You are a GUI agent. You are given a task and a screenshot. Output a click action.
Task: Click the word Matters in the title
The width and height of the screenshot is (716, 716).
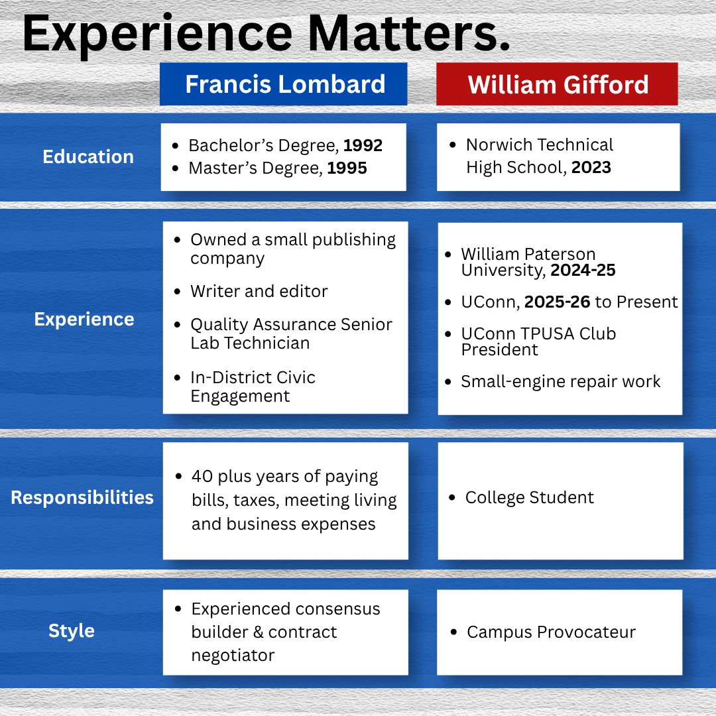point(408,33)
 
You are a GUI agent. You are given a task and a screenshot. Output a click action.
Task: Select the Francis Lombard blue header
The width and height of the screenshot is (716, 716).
point(283,84)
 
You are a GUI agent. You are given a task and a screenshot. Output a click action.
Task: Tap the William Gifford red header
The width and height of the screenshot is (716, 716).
point(557,84)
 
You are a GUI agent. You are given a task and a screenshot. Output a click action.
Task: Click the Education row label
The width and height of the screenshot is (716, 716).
point(88,156)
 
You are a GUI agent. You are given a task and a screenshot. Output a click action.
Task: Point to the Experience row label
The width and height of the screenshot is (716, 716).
point(84,319)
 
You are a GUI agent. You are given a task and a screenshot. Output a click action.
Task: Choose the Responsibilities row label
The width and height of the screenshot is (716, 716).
point(82,497)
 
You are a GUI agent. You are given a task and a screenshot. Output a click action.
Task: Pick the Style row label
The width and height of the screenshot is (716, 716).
point(72,630)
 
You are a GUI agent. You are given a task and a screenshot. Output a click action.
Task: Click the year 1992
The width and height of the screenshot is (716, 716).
point(363,145)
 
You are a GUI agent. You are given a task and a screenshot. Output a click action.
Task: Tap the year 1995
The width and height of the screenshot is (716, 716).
point(347,168)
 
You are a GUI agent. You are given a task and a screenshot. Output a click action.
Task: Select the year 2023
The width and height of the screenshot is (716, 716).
point(591,167)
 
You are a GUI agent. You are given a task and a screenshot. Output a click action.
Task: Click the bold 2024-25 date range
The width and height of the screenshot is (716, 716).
point(583,270)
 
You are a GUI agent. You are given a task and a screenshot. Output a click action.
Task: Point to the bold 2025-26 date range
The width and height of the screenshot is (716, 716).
point(557,302)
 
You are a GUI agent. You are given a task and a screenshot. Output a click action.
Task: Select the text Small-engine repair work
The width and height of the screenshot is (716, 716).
point(561,381)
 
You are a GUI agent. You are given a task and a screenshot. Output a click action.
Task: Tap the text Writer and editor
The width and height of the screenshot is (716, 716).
point(259,291)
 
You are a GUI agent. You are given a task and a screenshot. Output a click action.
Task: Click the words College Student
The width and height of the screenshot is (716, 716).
point(530,497)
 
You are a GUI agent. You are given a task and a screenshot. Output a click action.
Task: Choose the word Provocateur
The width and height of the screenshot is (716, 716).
point(586,632)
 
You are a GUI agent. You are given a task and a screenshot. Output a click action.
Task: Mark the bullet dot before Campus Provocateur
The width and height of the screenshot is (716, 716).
point(453,632)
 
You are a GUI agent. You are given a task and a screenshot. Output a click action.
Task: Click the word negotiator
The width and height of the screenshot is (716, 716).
point(233,656)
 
